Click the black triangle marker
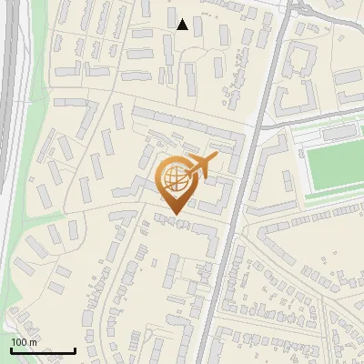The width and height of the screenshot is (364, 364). [x=183, y=25]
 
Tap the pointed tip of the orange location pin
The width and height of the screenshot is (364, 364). [x=175, y=215]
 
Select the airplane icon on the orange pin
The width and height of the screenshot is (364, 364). [x=200, y=166]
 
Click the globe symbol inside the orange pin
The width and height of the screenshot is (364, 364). [x=174, y=180]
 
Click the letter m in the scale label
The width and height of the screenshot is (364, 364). [x=35, y=341]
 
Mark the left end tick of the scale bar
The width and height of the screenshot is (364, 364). [x=11, y=350]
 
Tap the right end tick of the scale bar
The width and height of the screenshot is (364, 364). [x=75, y=350]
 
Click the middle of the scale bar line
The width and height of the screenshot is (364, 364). [x=43, y=351]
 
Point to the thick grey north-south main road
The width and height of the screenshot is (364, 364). [x=238, y=227]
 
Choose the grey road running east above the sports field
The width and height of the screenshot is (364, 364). [x=309, y=116]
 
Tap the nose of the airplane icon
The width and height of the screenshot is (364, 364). [x=217, y=157]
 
